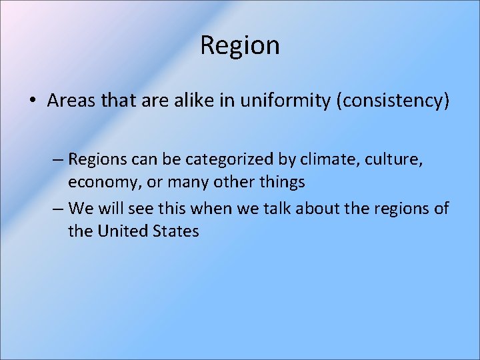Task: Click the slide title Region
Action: (239, 46)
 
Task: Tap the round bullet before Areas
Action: (31, 101)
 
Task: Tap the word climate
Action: (317, 160)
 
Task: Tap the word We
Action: (81, 209)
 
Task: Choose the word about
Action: (315, 209)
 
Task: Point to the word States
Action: (178, 231)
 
